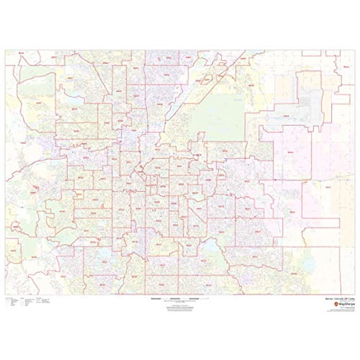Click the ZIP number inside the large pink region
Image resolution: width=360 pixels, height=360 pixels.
click(289, 151)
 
